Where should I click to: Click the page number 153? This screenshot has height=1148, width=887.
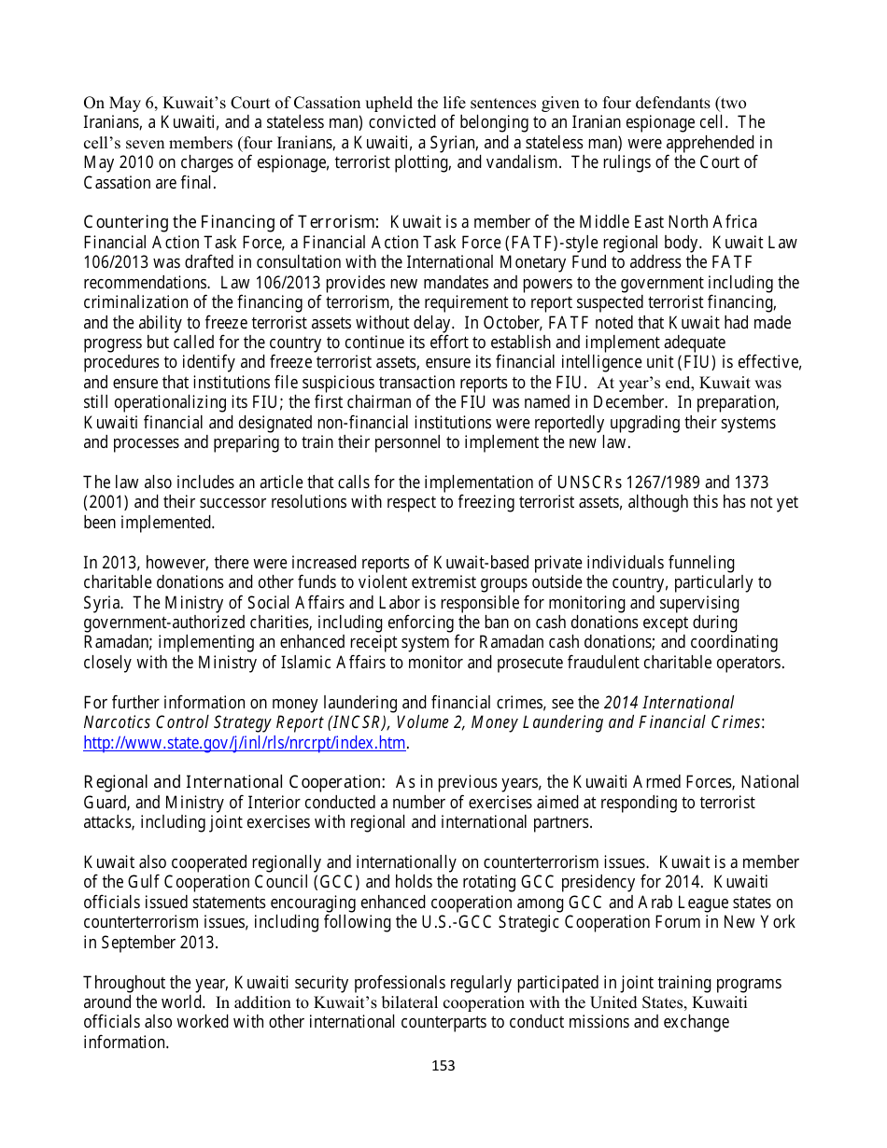[x=443, y=1065]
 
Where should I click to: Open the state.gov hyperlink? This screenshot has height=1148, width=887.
[x=245, y=743]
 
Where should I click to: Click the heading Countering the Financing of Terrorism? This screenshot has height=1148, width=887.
[x=231, y=222]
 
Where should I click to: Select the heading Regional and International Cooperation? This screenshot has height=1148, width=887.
[x=233, y=782]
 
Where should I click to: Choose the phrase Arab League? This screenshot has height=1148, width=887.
[x=655, y=903]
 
